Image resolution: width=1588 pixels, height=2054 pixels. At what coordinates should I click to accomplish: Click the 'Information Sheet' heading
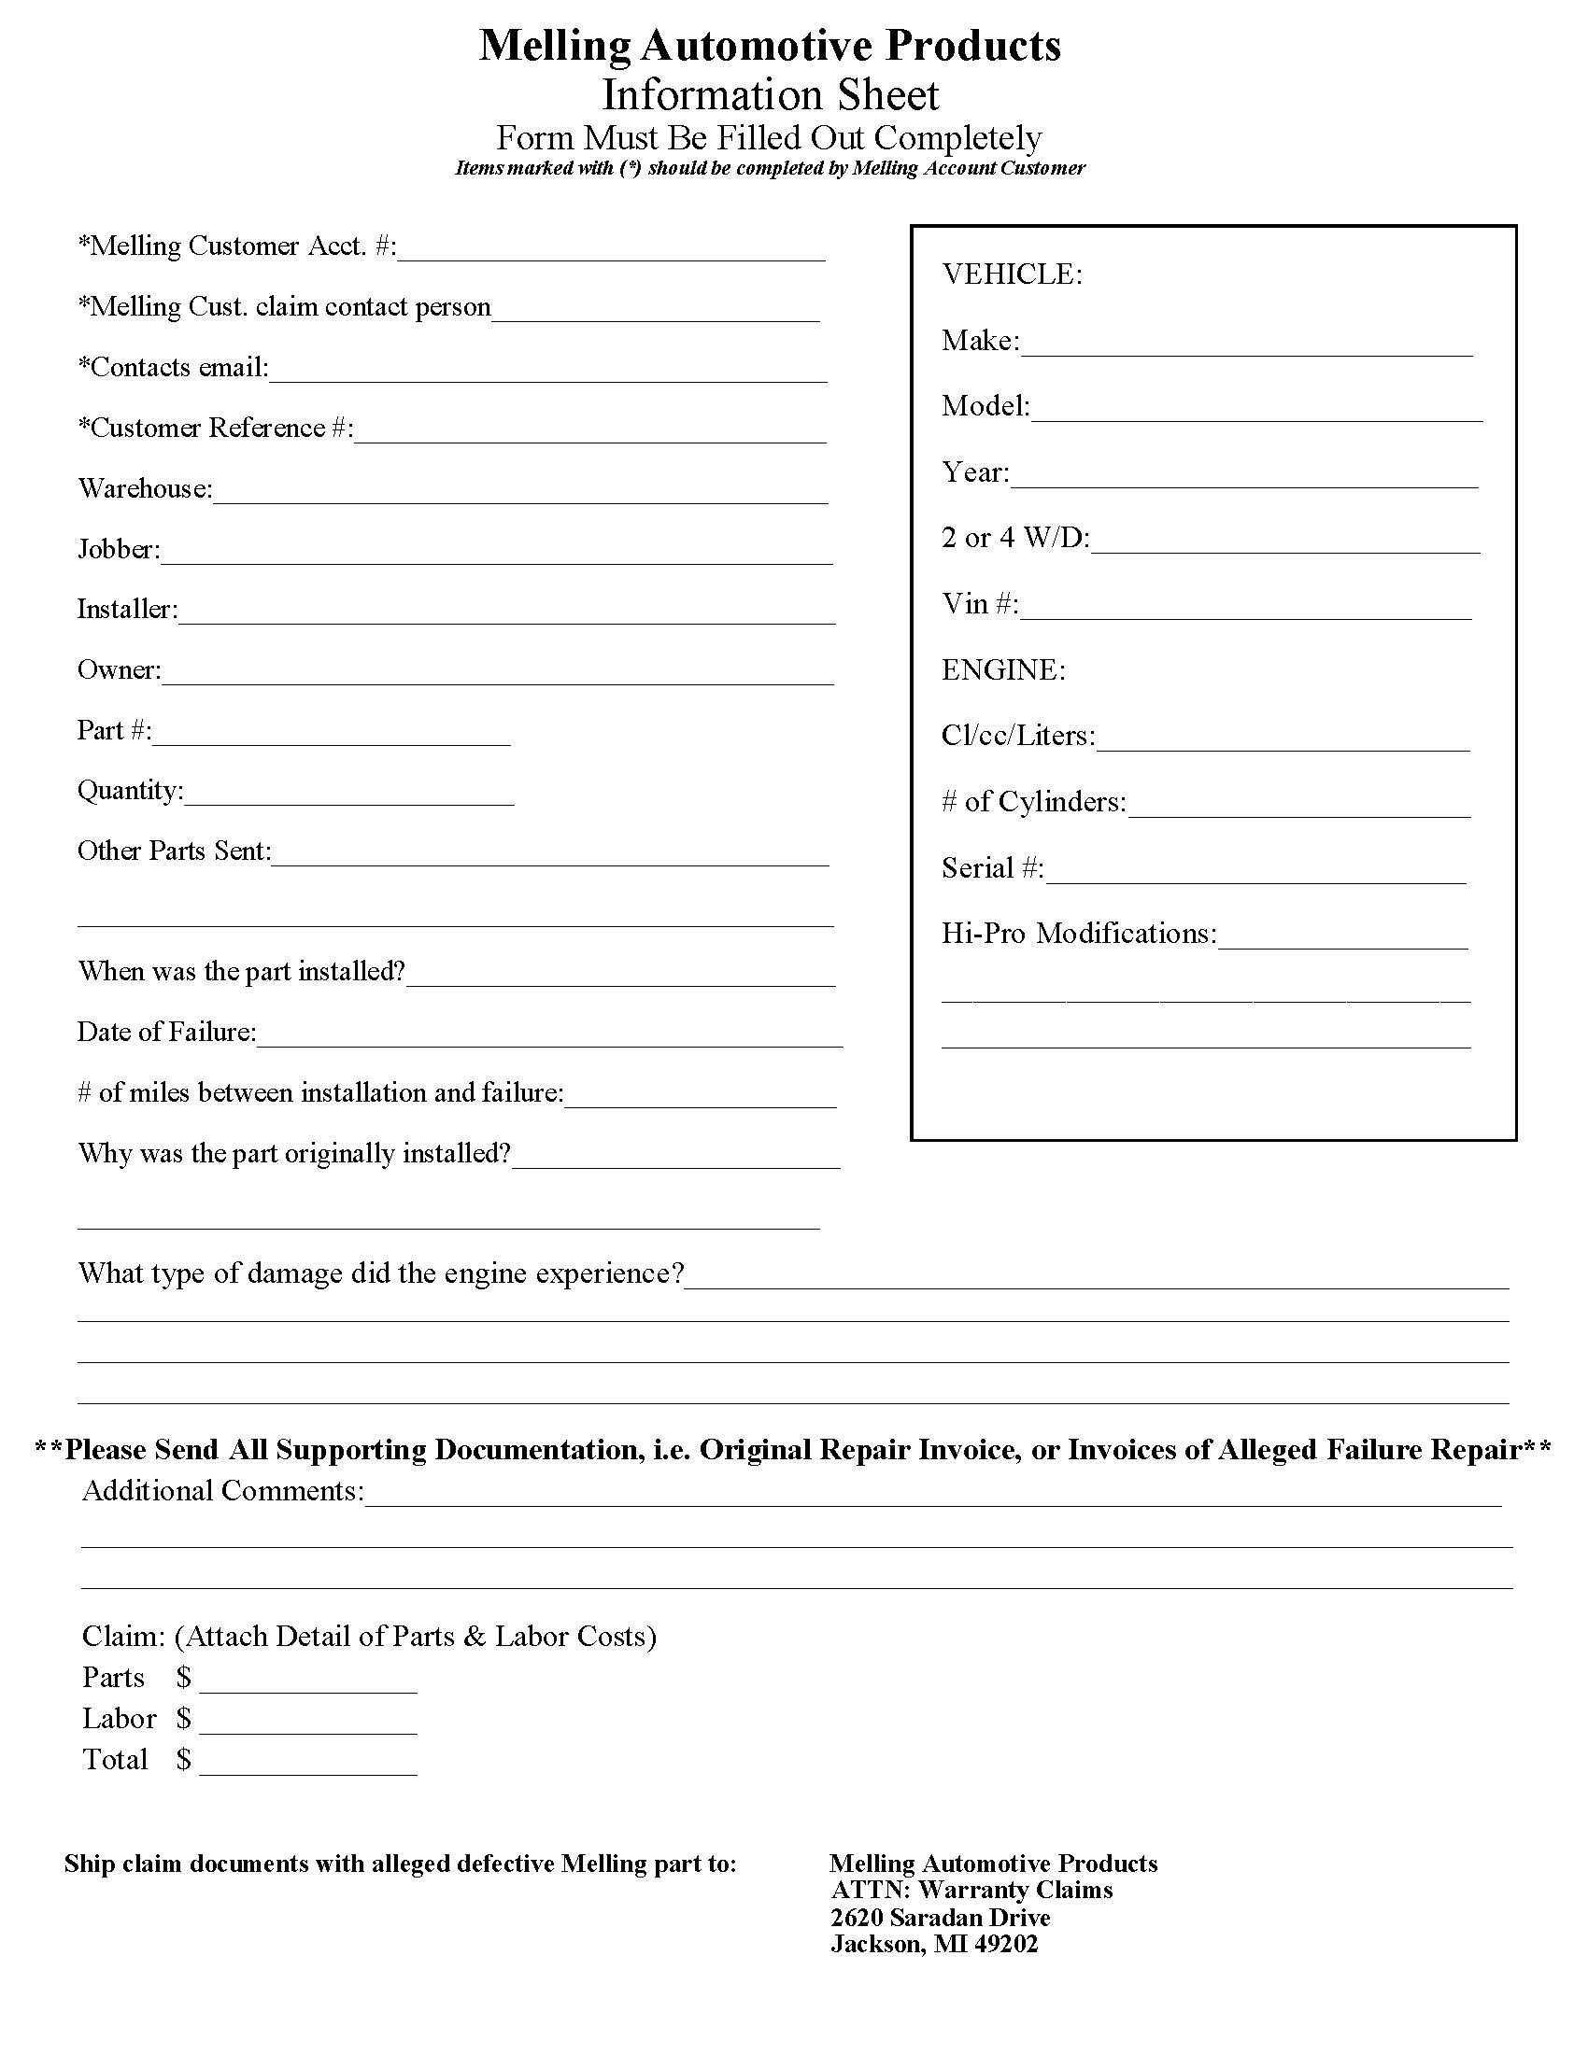pos(770,95)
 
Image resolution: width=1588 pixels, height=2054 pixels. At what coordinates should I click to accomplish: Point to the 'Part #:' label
pos(114,731)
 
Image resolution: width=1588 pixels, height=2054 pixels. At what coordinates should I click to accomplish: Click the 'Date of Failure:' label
pos(166,1033)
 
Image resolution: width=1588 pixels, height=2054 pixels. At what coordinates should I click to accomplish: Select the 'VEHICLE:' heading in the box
pos(1013,274)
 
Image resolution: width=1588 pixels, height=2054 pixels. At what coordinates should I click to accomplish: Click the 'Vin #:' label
pos(979,604)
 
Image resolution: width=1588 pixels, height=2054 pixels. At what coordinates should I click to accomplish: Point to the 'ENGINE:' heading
pos(1003,670)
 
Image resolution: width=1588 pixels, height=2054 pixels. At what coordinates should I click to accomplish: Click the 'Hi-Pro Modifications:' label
pos(1079,934)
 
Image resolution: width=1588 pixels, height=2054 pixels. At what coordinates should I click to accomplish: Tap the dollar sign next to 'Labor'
pos(183,1719)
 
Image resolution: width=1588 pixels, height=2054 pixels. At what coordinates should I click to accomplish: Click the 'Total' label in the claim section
pos(115,1760)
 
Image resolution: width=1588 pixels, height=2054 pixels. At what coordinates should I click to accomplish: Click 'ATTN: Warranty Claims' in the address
pos(971,1891)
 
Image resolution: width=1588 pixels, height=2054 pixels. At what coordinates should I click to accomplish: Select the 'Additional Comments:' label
pos(222,1492)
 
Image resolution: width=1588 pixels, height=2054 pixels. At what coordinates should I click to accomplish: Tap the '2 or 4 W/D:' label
pos(1015,538)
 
